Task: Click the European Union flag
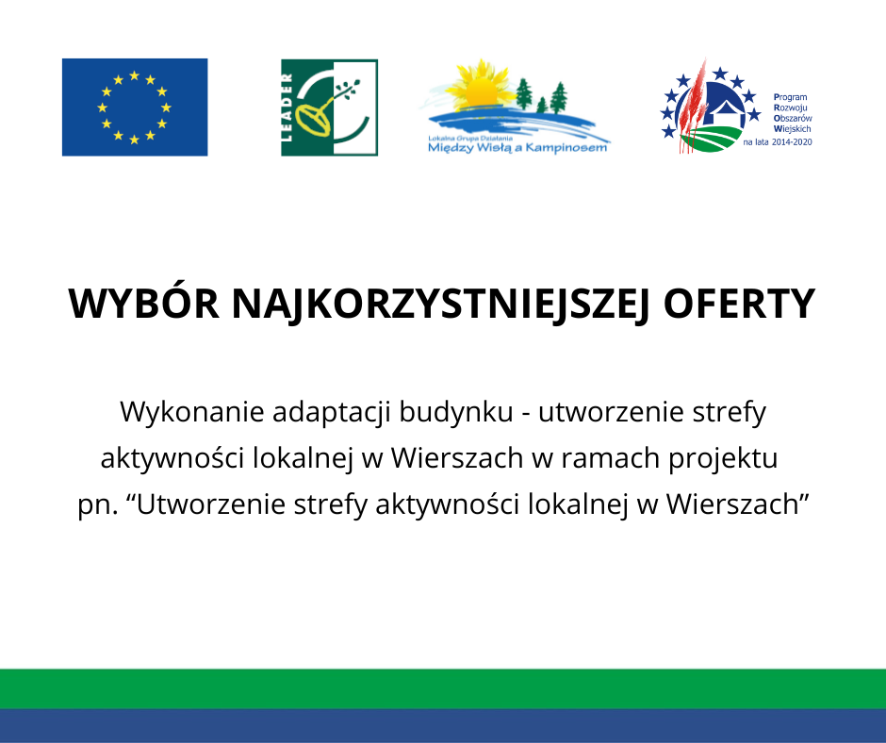(135, 107)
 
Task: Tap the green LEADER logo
(330, 107)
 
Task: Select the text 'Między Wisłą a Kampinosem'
(517, 148)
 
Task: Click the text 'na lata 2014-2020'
(778, 142)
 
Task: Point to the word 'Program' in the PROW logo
(791, 97)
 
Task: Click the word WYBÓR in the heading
(143, 305)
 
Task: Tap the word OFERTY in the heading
(739, 305)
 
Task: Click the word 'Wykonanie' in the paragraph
(192, 412)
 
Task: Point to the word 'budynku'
(456, 412)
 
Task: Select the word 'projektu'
(723, 458)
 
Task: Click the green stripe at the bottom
(443, 688)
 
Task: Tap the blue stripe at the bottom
(443, 725)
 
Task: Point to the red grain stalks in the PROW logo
(692, 106)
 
